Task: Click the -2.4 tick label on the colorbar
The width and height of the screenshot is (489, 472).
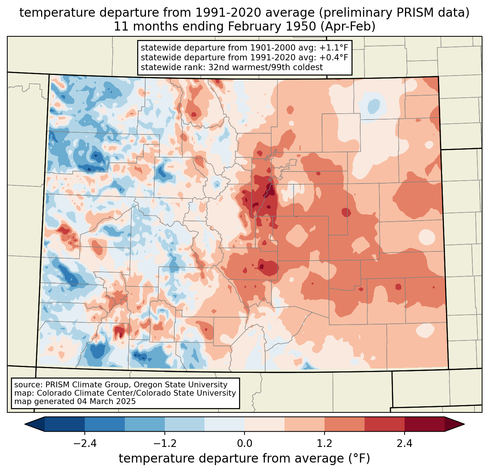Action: coord(84,444)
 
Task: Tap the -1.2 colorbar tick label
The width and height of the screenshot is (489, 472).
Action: coord(164,444)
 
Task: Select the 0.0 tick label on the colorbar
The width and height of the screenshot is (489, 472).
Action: coord(244,444)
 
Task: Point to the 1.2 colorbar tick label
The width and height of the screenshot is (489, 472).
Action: coord(325,444)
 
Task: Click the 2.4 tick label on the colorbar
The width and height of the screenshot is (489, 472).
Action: coord(405,444)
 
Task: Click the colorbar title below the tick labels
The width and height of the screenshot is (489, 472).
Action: coord(244,459)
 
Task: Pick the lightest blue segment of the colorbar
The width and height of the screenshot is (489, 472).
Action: coord(224,424)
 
